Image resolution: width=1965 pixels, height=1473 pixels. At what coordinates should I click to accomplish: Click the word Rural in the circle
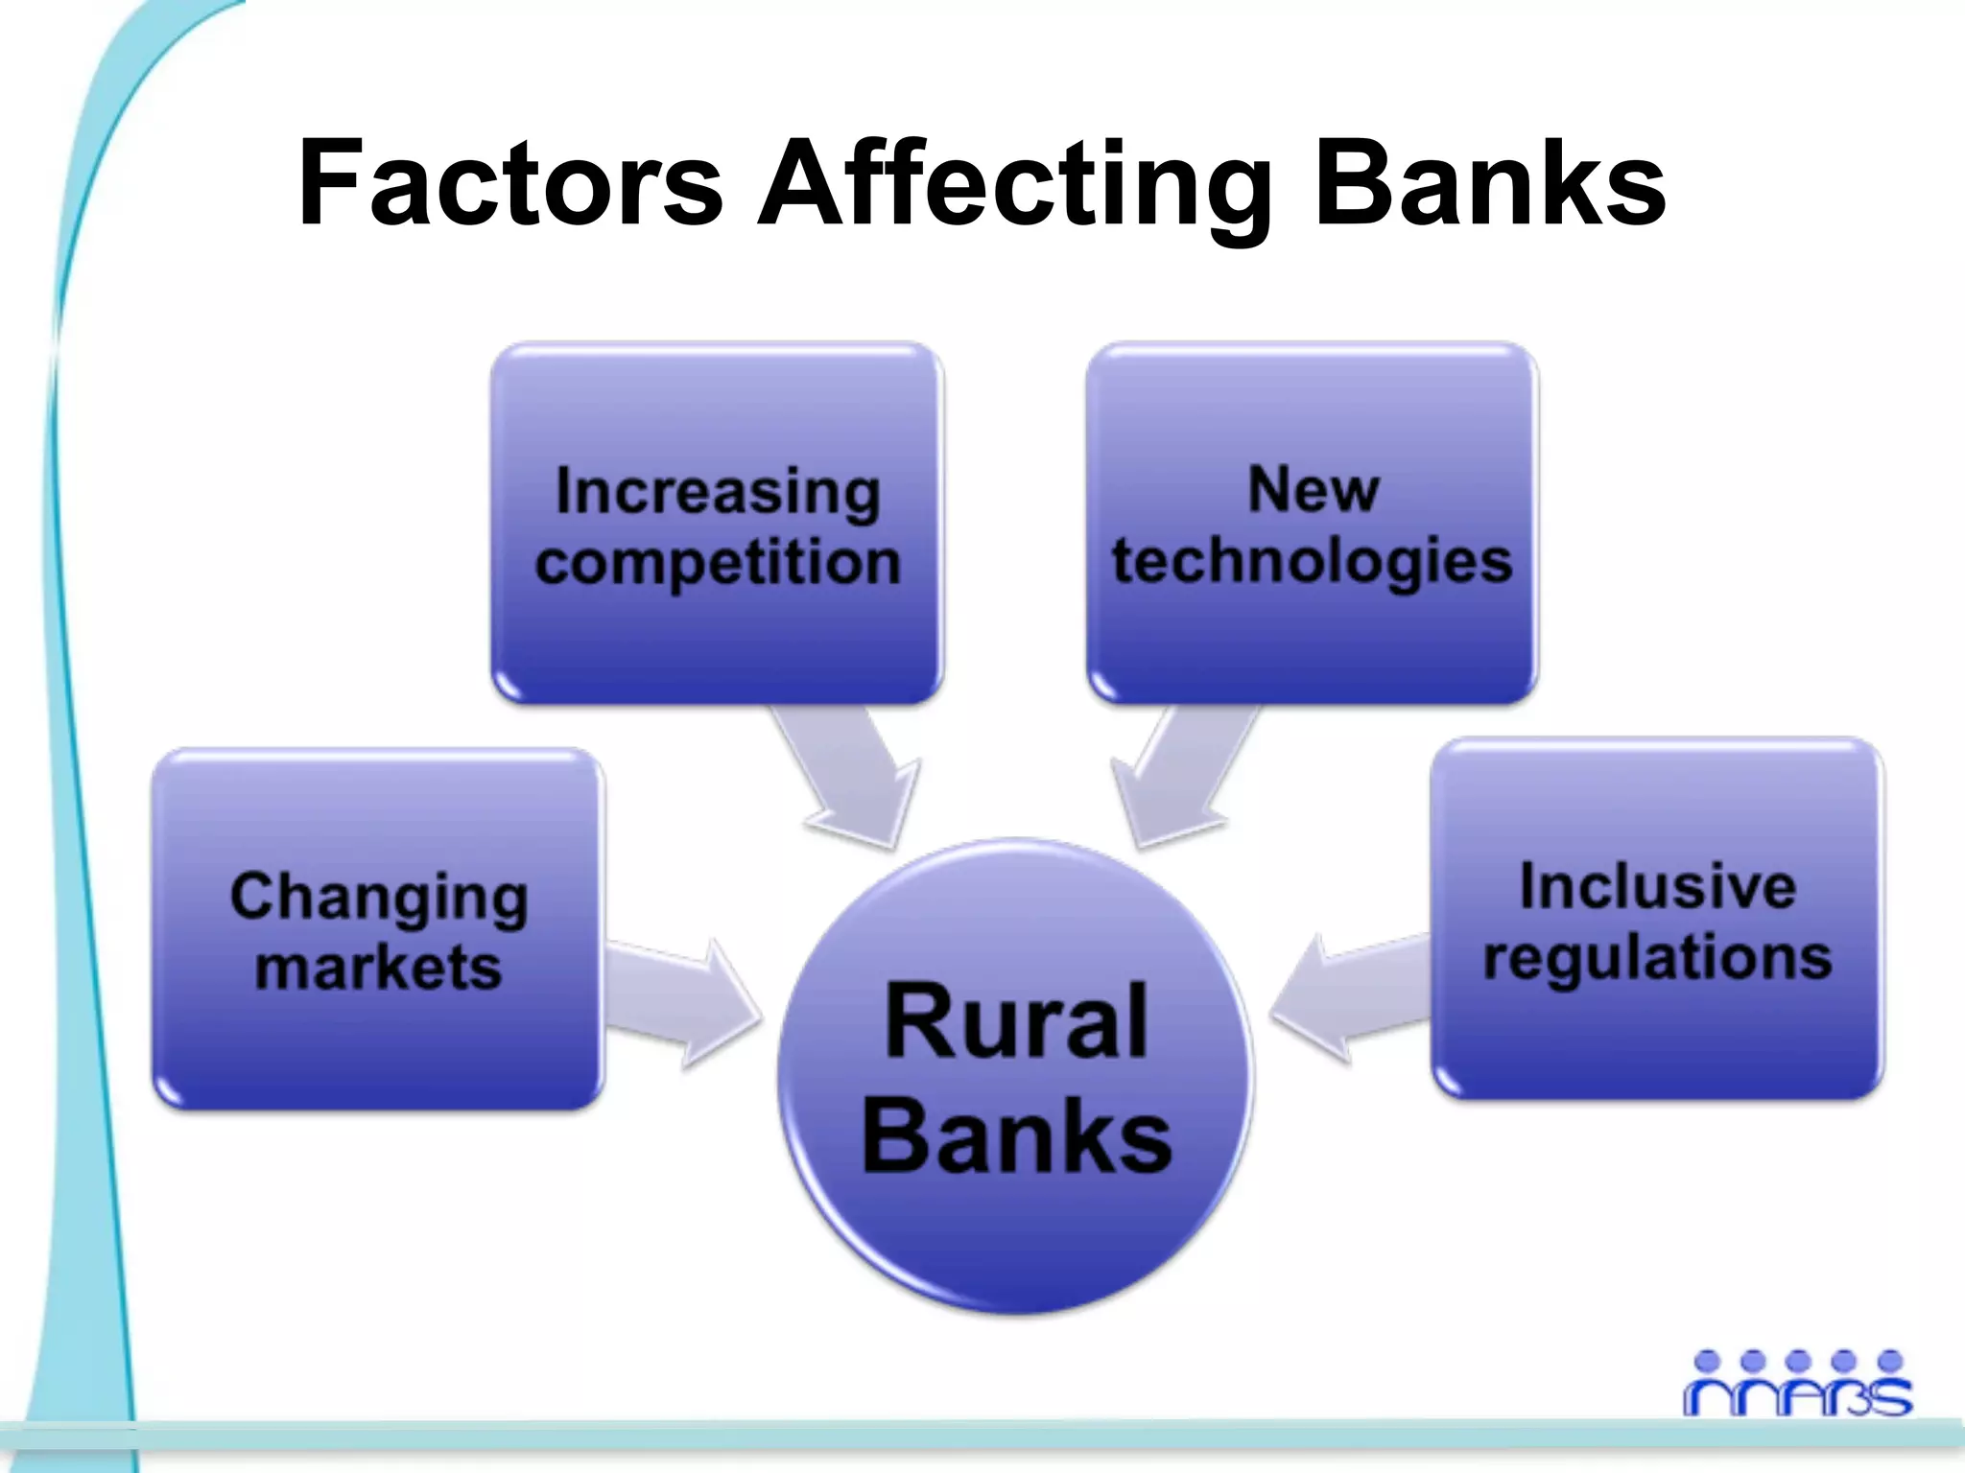1016,1022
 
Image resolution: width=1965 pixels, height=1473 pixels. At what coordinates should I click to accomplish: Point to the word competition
718,563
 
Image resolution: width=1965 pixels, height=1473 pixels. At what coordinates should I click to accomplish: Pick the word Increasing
718,492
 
